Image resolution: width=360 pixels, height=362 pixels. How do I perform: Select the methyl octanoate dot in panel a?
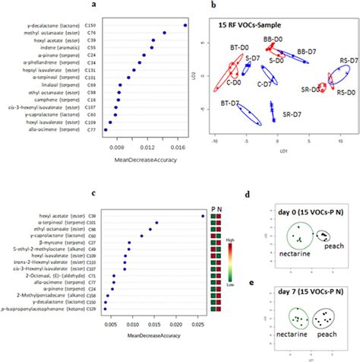click(x=165, y=33)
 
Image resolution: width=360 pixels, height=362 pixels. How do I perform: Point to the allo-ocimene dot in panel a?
click(x=105, y=130)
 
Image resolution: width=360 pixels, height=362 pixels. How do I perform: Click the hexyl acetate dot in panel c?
click(x=203, y=216)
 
